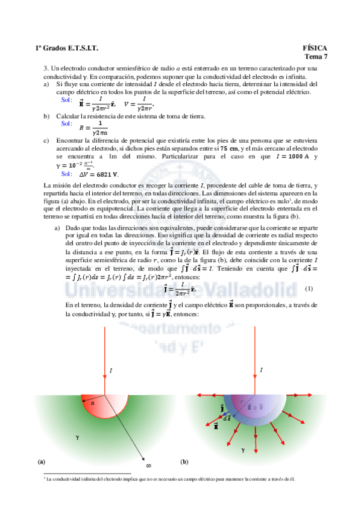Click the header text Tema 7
pyautogui.click(x=315, y=57)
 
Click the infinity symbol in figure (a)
pyautogui.click(x=149, y=465)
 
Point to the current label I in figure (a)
pyautogui.click(x=111, y=369)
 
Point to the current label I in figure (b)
pyautogui.click(x=261, y=369)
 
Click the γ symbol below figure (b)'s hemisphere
pyautogui.click(x=243, y=449)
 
